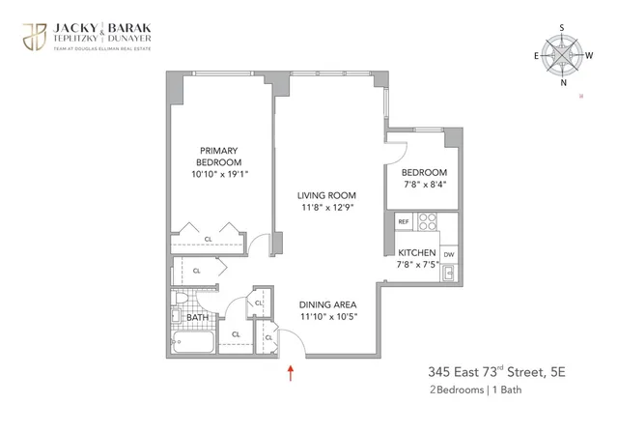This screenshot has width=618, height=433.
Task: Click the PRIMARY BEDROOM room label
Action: point(219,156)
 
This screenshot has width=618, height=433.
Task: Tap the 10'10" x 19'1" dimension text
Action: point(219,175)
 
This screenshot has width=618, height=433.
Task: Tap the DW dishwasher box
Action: point(449,255)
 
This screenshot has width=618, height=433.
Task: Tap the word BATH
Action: point(198,317)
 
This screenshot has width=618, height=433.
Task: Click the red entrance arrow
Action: point(291,371)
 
